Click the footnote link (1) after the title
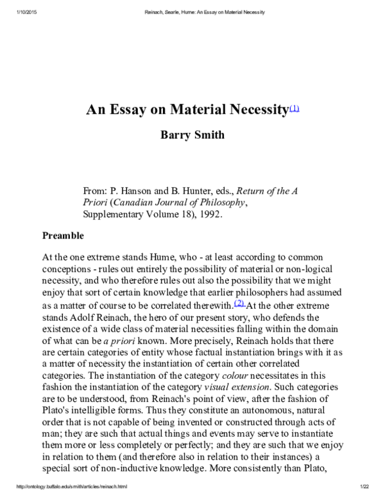coord(295,107)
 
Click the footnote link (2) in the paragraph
coord(239,302)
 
